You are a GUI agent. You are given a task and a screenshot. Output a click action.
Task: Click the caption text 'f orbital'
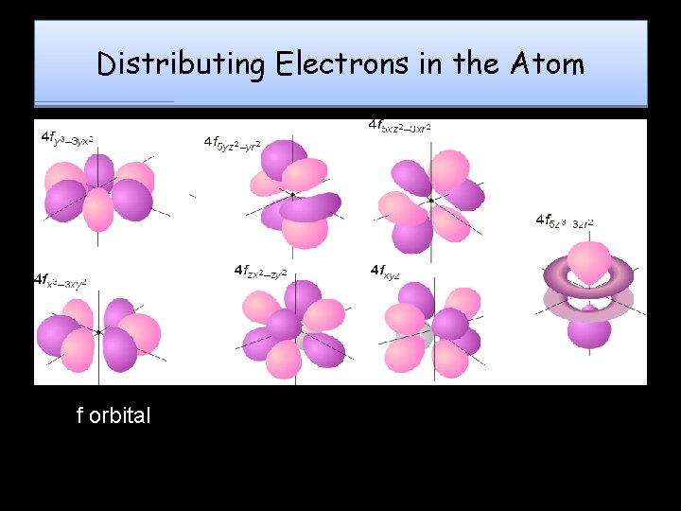point(113,415)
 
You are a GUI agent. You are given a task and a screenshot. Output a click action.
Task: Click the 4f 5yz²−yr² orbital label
point(233,143)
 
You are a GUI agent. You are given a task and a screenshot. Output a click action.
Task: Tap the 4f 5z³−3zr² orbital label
point(565,221)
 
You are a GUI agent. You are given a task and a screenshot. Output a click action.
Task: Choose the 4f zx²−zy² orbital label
point(262,271)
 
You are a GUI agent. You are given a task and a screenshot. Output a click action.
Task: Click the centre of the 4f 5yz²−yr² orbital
point(292,194)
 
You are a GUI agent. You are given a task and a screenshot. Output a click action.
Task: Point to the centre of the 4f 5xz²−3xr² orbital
point(431,201)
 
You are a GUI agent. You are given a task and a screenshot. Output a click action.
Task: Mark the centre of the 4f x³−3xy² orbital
point(98,332)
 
